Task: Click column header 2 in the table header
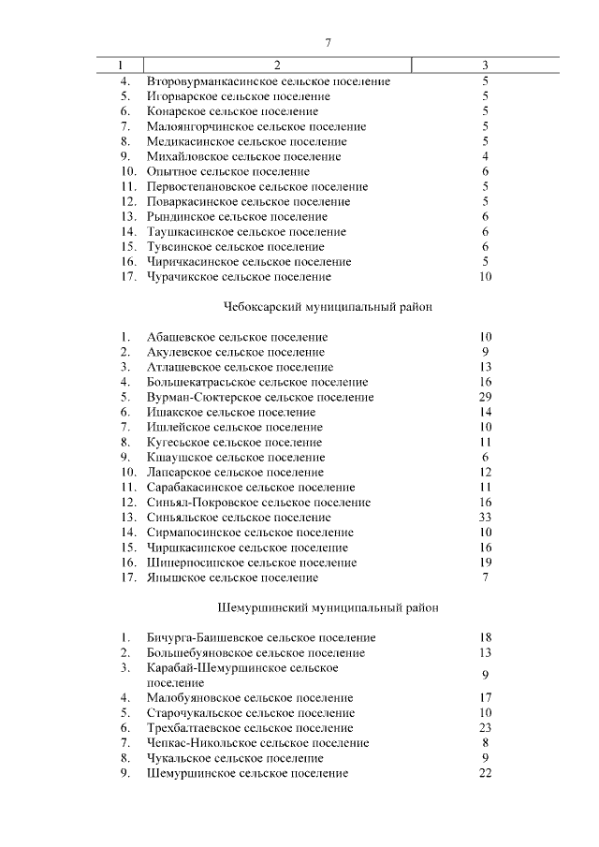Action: pos(277,66)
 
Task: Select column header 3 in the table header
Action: pos(485,66)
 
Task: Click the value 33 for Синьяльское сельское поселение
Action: pos(485,518)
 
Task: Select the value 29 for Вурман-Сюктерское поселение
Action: pos(485,398)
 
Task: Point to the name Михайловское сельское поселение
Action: pos(243,156)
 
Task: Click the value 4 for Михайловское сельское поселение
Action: pos(485,156)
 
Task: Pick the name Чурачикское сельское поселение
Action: pos(239,277)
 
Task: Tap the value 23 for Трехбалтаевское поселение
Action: pos(485,728)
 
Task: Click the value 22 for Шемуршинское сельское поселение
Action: pos(485,773)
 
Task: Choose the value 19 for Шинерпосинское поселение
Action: pos(485,562)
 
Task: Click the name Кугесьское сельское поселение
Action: pos(234,443)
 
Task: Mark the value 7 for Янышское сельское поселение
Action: pos(485,577)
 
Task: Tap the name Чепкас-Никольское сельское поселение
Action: pos(258,743)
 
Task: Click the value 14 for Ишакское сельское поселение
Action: pos(485,413)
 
